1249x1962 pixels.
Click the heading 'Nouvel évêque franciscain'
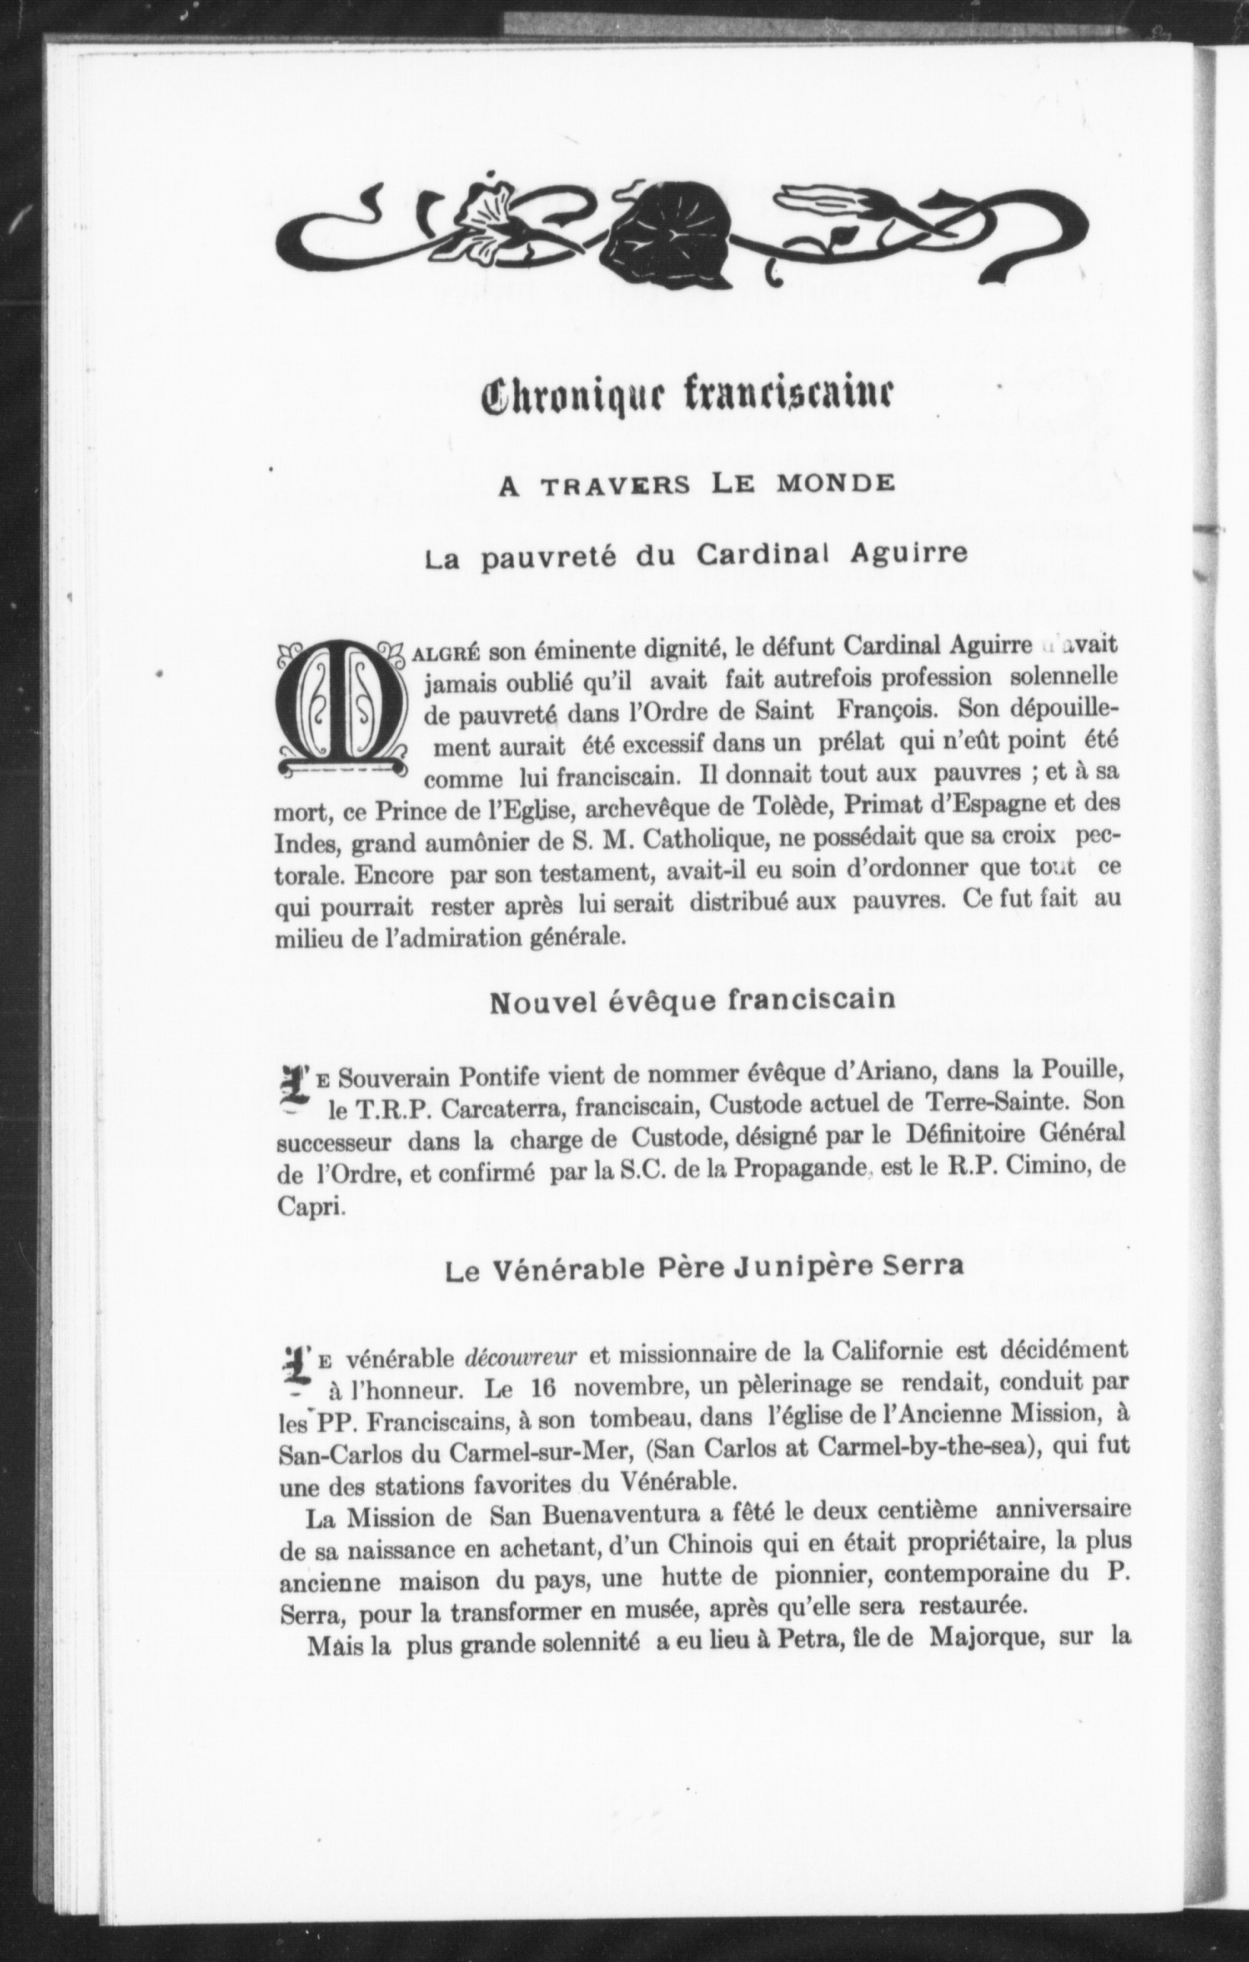(x=692, y=1000)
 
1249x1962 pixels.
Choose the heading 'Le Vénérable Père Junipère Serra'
(x=704, y=1289)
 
